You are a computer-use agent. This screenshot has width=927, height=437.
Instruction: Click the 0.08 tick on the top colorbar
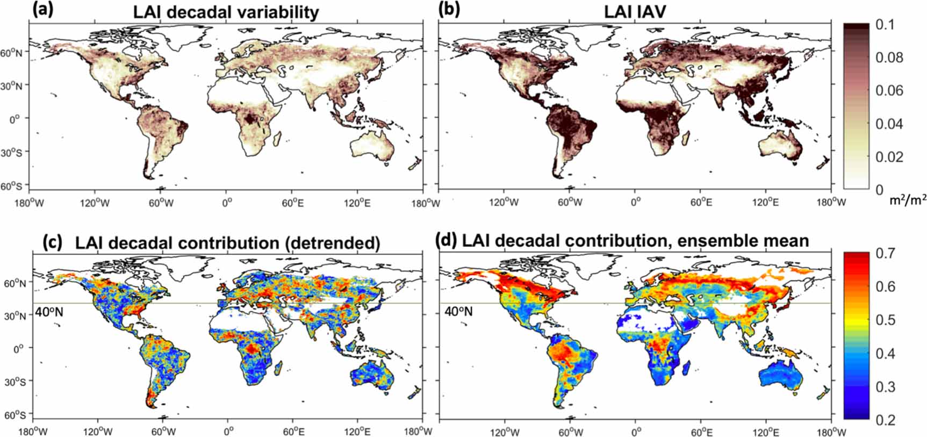pos(890,58)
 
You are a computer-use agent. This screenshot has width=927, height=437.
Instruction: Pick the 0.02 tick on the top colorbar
pos(890,157)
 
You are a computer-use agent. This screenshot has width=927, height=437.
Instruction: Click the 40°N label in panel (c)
pos(49,311)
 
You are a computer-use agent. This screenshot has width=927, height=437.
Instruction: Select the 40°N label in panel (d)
pos(458,311)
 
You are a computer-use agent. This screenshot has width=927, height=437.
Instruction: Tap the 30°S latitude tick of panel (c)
pos(16,381)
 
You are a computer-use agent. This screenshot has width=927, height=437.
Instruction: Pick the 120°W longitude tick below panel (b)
pos(504,203)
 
